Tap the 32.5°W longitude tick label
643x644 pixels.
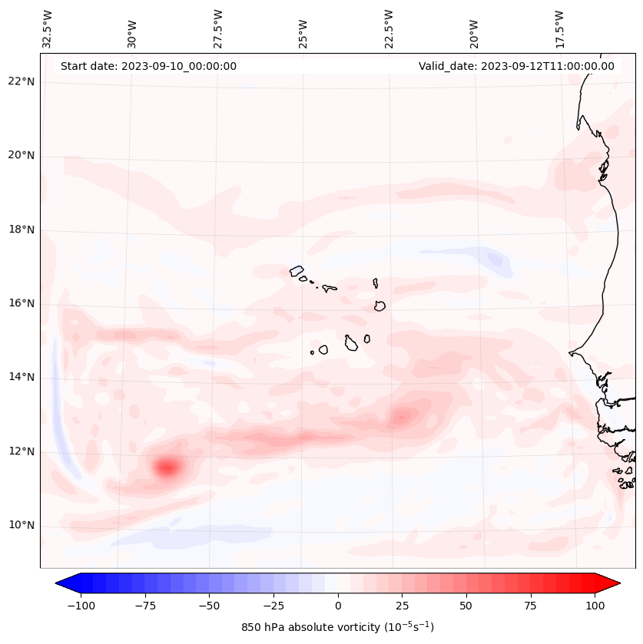48,28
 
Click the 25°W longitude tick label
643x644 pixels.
303,28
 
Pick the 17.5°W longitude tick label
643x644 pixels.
559,28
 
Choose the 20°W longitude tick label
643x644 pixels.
474,28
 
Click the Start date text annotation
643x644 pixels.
148,66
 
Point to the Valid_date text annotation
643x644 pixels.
516,66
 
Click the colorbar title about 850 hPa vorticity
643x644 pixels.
337,627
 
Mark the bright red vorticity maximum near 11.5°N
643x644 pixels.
167,466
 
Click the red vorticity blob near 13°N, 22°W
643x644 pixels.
401,417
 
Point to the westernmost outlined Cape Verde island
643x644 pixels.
297,271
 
